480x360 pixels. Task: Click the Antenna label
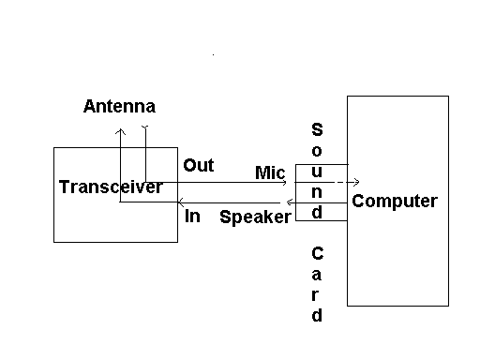coord(119,106)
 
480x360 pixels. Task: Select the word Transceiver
coord(111,187)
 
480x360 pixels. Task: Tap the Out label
coord(198,166)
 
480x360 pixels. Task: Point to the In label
coord(192,217)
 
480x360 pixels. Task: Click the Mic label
coord(270,172)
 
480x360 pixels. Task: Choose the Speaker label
coord(256,217)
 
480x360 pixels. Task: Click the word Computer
coord(394,202)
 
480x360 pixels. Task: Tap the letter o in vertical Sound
coord(317,151)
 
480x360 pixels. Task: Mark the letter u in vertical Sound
coord(317,171)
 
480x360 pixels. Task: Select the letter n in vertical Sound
coord(317,191)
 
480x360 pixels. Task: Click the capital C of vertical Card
coord(317,253)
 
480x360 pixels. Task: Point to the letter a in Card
coord(317,274)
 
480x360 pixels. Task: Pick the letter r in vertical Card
coord(317,294)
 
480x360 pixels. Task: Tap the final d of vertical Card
coord(317,315)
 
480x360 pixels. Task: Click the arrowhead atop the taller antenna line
coord(120,130)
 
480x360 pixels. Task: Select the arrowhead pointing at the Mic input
coord(284,183)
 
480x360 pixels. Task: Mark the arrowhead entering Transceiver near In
coord(181,202)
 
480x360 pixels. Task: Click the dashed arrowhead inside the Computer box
coord(357,183)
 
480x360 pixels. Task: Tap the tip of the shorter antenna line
coord(144,127)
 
